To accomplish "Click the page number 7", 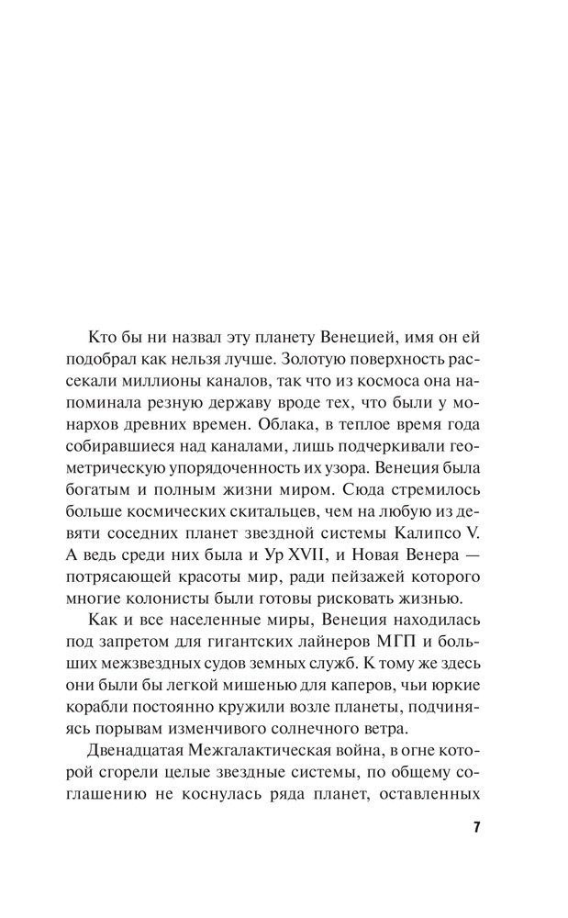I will point(476,828).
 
